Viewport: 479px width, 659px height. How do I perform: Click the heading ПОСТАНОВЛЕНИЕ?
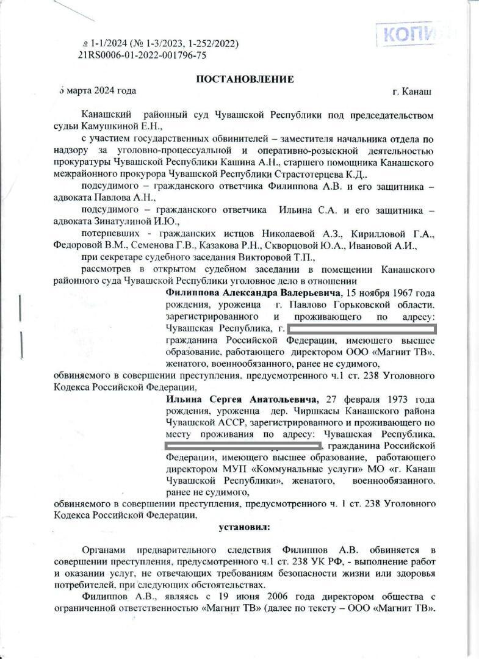pyautogui.click(x=245, y=79)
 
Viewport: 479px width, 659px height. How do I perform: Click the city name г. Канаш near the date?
pyautogui.click(x=412, y=92)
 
